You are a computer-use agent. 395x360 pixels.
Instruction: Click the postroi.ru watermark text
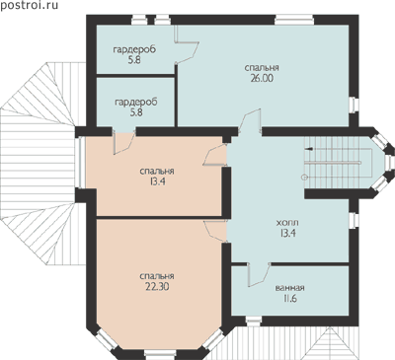click(29, 5)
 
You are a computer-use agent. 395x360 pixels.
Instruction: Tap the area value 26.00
click(262, 78)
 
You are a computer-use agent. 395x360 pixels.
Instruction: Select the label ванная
click(289, 288)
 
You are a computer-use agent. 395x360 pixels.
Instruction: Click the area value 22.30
click(157, 287)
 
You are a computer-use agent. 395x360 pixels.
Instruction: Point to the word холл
click(287, 223)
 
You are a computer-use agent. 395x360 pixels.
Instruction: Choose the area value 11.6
click(289, 299)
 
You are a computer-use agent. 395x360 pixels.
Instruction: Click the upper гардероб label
click(134, 50)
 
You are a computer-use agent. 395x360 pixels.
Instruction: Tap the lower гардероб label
click(136, 103)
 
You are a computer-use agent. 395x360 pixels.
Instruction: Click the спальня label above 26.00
click(262, 68)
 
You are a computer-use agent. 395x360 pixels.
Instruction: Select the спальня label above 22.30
click(157, 276)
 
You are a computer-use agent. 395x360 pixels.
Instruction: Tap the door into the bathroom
click(259, 274)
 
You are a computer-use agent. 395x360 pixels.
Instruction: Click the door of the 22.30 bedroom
click(215, 232)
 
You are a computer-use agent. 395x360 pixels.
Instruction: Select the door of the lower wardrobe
click(123, 142)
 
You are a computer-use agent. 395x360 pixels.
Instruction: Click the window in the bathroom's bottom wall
click(254, 322)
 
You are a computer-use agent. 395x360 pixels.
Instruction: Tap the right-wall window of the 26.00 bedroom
click(354, 106)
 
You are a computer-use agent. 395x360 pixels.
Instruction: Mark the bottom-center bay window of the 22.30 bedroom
click(161, 355)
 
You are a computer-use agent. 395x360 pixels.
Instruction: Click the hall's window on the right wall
click(354, 221)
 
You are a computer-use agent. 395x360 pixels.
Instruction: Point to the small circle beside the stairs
click(304, 178)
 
